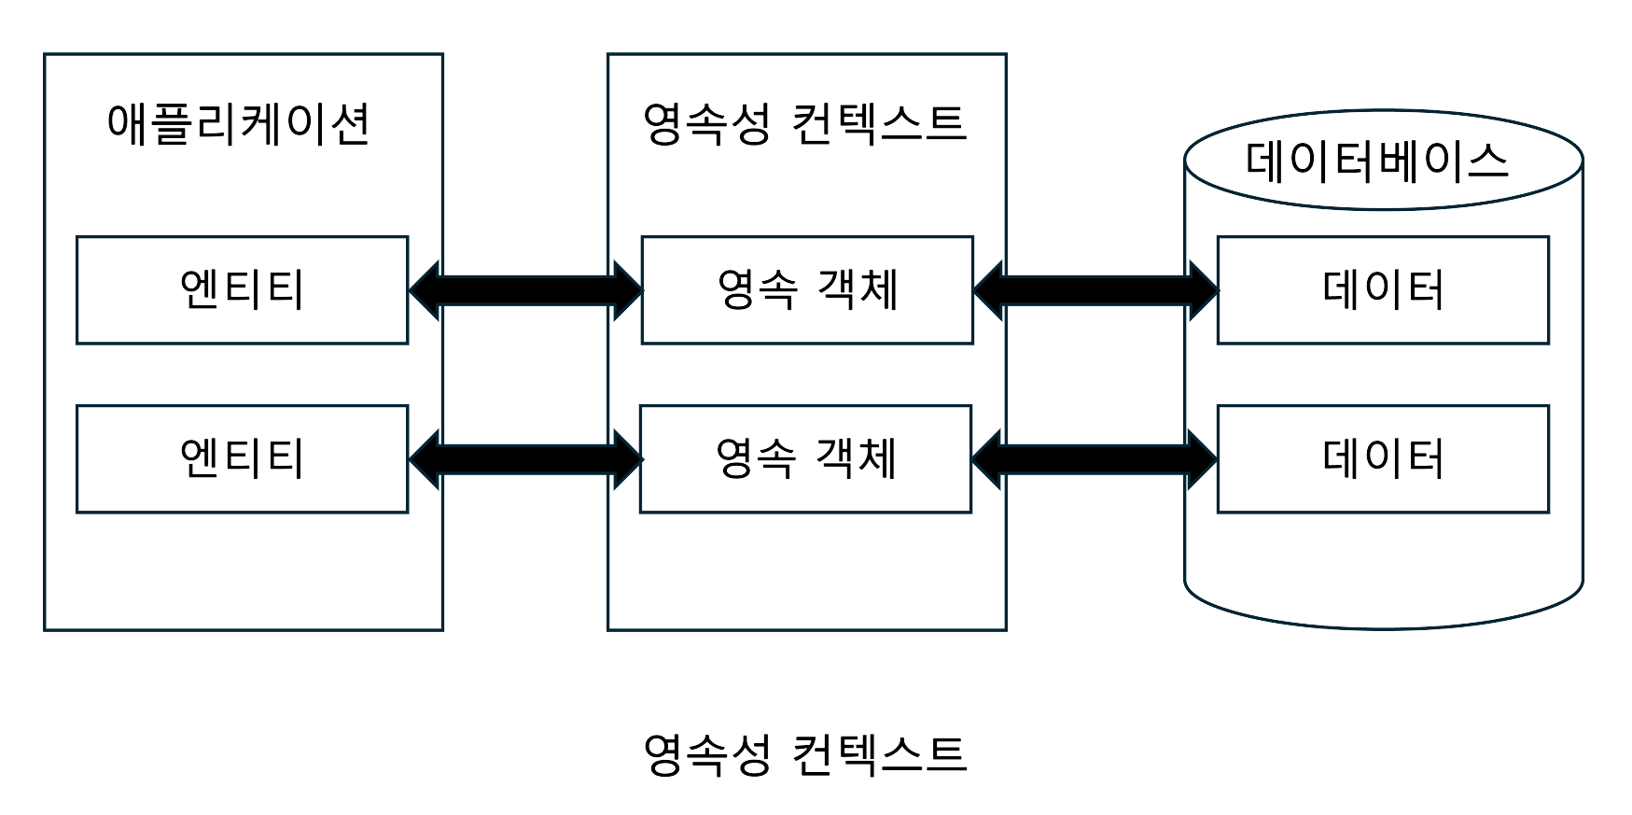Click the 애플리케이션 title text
tap(239, 124)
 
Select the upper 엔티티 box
tap(242, 290)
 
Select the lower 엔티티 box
tap(242, 458)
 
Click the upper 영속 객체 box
tap(807, 290)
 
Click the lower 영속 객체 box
tap(805, 458)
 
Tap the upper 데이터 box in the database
tap(1383, 290)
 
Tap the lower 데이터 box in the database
tap(1383, 458)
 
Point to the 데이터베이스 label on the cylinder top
tap(1377, 161)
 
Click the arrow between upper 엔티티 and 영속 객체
tap(525, 290)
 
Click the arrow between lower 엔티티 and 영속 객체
tap(525, 458)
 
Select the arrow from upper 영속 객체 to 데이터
tap(1095, 290)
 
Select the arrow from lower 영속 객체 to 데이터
tap(1094, 458)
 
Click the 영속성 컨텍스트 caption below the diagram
tap(805, 754)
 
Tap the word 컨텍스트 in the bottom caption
tap(879, 754)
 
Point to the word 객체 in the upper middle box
tap(858, 289)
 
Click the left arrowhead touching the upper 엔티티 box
tap(425, 290)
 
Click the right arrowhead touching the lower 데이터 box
tap(1202, 458)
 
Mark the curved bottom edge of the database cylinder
tap(1383, 626)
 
